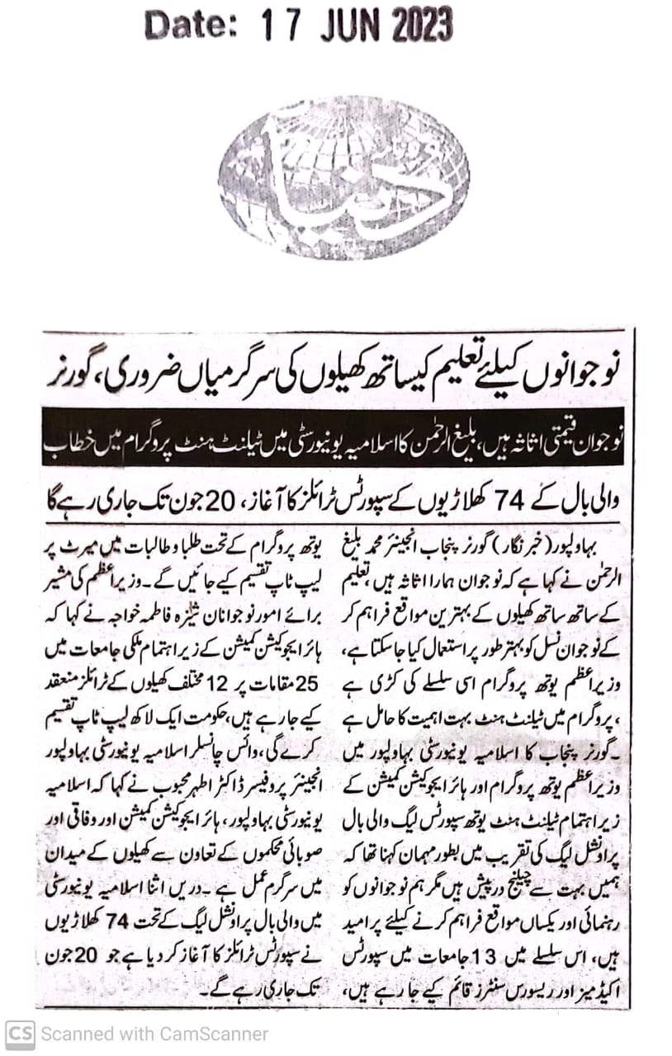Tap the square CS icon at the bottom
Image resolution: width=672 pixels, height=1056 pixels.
[20, 1034]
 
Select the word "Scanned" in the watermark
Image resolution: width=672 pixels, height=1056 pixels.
[73, 1034]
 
